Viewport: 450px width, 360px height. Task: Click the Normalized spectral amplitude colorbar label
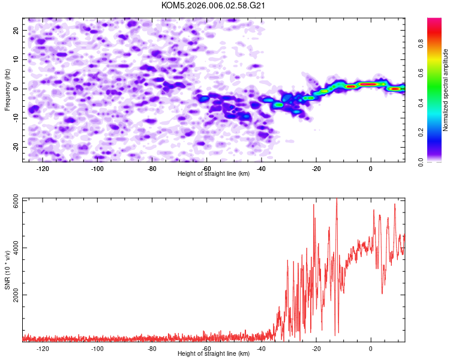[x=446, y=90]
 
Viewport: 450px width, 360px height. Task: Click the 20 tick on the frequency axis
[x=17, y=29]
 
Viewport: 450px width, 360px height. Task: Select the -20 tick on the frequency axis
[x=16, y=147]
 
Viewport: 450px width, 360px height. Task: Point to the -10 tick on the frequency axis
[x=16, y=118]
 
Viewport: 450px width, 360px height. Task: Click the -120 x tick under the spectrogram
[x=43, y=169]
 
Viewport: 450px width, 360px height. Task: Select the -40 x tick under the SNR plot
[x=262, y=349]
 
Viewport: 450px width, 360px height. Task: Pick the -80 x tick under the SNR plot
[x=152, y=349]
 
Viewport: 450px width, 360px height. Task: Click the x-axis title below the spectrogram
[x=214, y=174]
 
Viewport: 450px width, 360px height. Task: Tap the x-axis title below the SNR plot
[x=214, y=354]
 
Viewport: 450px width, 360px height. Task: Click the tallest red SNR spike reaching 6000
[x=337, y=200]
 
